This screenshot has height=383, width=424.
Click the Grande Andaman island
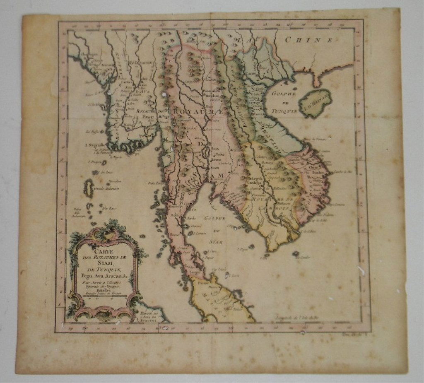[x=89, y=188]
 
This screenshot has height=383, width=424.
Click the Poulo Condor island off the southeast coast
[x=296, y=253]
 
